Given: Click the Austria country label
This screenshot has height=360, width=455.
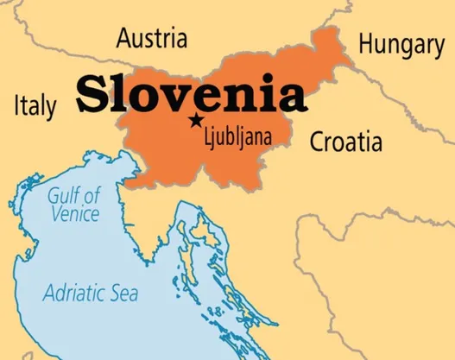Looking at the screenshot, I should [x=151, y=39].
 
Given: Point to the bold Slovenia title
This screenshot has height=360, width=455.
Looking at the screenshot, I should [x=191, y=95].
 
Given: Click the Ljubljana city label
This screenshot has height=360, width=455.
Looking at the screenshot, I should [x=237, y=136].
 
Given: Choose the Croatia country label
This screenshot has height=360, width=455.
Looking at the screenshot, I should [x=345, y=142].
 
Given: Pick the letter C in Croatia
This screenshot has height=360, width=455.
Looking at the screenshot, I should [x=317, y=142].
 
